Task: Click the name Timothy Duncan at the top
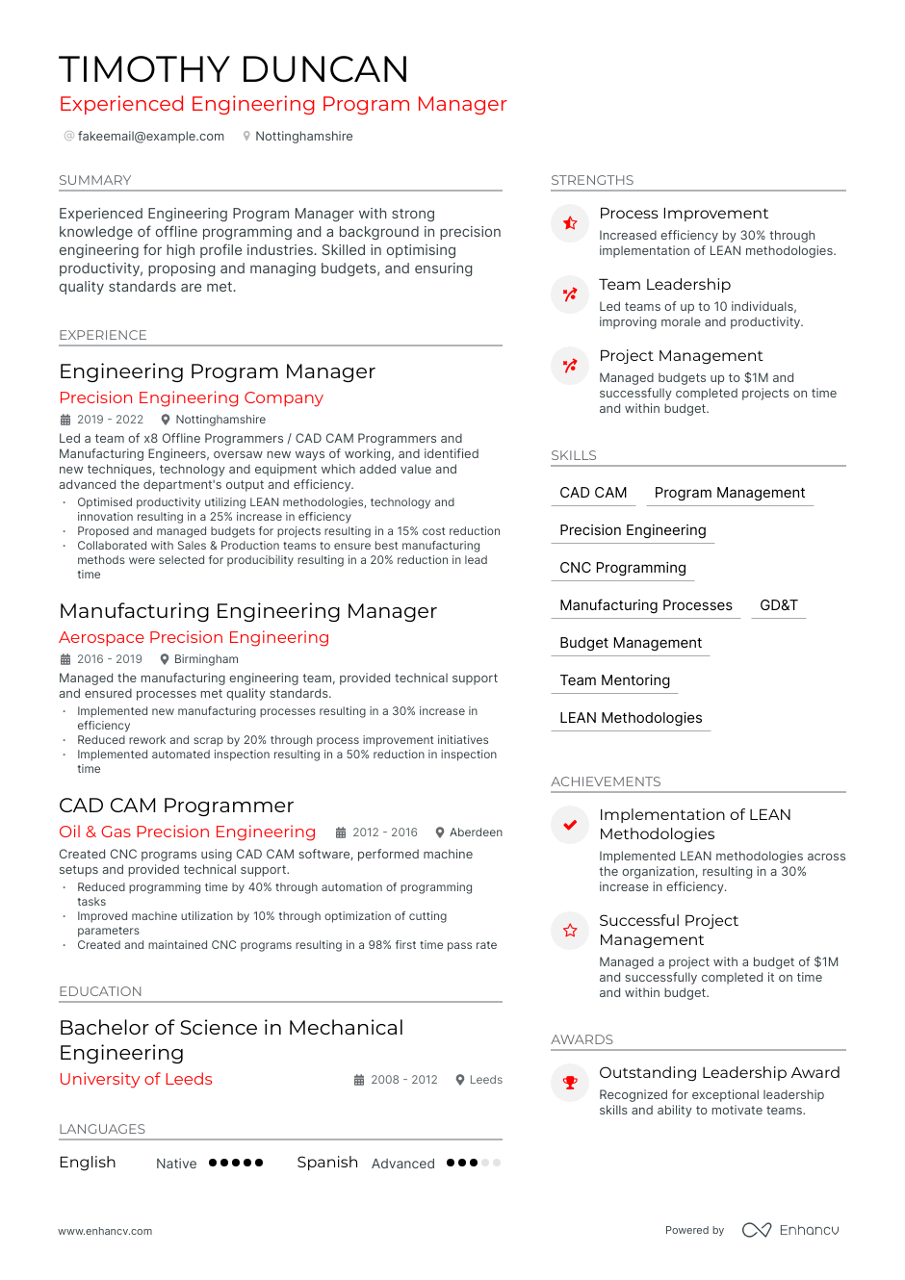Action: pyautogui.click(x=234, y=69)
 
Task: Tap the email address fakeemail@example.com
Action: pyautogui.click(x=150, y=137)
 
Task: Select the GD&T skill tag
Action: pyautogui.click(x=778, y=605)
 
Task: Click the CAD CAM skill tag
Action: pyautogui.click(x=593, y=493)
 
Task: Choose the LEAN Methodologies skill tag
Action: pyautogui.click(x=631, y=718)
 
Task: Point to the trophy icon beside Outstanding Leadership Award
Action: pyautogui.click(x=570, y=1083)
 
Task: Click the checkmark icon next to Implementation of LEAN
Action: pyautogui.click(x=570, y=825)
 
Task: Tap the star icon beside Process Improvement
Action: pyautogui.click(x=570, y=223)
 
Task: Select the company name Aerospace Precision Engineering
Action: pyautogui.click(x=194, y=637)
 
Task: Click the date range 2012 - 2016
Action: pyautogui.click(x=384, y=832)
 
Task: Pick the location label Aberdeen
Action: pyautogui.click(x=476, y=832)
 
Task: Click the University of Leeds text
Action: pyautogui.click(x=136, y=1079)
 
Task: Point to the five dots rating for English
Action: pyautogui.click(x=236, y=1163)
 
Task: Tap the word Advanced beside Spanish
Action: pyautogui.click(x=402, y=1164)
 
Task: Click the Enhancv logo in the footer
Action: pyautogui.click(x=790, y=1230)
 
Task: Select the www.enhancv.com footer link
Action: pyautogui.click(x=105, y=1231)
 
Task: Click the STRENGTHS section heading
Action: pyautogui.click(x=592, y=180)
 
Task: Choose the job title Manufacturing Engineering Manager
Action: pyautogui.click(x=247, y=611)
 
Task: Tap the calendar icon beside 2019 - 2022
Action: pyautogui.click(x=65, y=420)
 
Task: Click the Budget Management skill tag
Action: pyautogui.click(x=631, y=643)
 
